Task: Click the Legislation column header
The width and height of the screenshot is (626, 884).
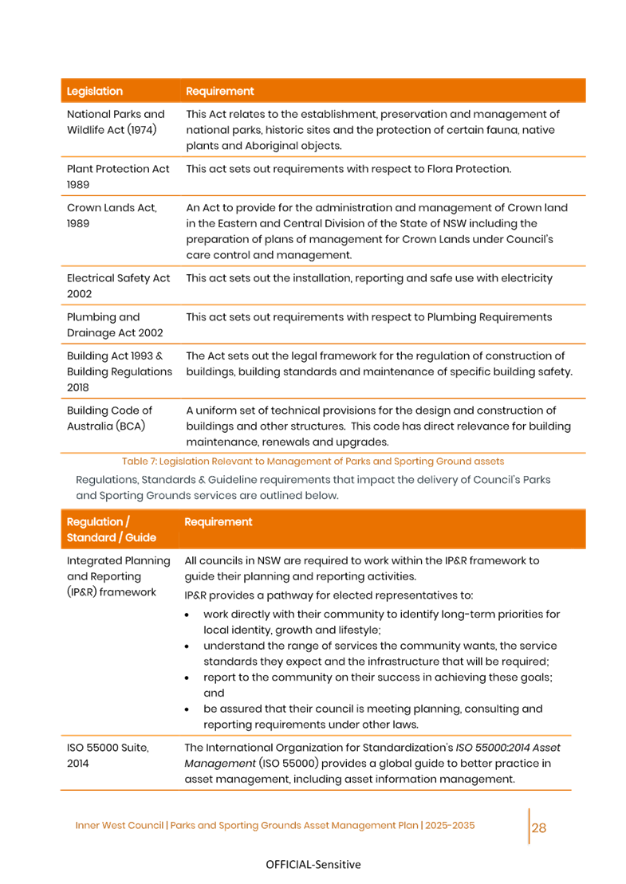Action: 95,92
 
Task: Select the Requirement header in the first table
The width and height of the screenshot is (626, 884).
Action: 220,92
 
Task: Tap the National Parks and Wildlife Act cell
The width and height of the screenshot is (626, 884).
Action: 116,122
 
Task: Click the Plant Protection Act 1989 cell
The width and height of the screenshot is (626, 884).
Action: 118,177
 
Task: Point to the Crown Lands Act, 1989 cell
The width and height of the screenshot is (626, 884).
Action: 112,215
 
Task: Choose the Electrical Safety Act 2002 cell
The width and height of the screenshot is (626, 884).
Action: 118,286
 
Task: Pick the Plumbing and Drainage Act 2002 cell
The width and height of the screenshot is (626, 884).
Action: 115,325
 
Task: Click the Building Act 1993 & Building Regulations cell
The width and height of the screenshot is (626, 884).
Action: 119,371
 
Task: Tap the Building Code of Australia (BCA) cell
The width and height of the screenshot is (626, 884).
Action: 109,418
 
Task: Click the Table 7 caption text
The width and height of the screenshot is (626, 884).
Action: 313,462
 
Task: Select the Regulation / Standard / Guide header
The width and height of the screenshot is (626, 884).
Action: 112,530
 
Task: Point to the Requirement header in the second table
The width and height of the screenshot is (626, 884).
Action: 219,522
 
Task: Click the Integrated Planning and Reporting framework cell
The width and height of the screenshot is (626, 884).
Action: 118,576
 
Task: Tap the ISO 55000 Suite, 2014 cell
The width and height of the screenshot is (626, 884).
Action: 108,756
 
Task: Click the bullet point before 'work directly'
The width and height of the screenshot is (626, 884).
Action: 186,615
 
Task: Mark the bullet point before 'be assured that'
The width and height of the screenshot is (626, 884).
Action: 186,709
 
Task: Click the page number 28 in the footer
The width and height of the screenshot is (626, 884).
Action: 539,827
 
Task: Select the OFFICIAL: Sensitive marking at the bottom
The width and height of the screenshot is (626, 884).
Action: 313,865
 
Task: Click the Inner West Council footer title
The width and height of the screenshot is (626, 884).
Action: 275,826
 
